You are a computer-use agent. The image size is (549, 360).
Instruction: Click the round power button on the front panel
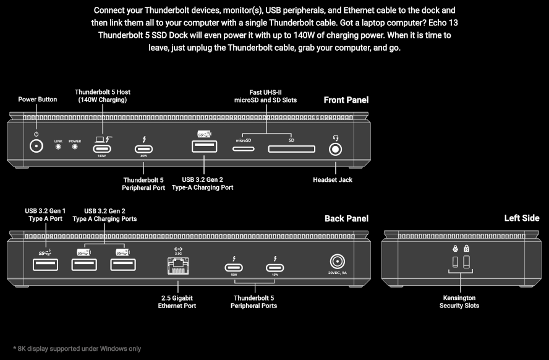pyautogui.click(x=36, y=148)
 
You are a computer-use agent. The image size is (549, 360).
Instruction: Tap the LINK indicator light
pyautogui.click(x=59, y=148)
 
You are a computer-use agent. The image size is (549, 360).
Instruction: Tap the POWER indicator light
pyautogui.click(x=75, y=148)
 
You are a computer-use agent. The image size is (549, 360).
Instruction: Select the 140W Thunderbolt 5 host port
pyautogui.click(x=102, y=148)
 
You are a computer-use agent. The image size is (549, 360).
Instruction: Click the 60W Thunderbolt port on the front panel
pyautogui.click(x=144, y=148)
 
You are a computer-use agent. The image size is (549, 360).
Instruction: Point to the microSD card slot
pyautogui.click(x=243, y=148)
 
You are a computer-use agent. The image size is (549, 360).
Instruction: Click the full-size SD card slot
pyautogui.click(x=291, y=149)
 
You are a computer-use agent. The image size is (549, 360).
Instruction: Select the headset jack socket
pyautogui.click(x=336, y=149)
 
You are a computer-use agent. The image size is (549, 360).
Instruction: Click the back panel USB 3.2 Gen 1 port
pyautogui.click(x=46, y=264)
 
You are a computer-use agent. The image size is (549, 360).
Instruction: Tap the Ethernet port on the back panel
pyautogui.click(x=178, y=266)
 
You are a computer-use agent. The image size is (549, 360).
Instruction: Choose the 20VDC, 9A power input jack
pyautogui.click(x=338, y=262)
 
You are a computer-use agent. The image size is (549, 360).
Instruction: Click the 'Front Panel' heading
pyautogui.click(x=346, y=100)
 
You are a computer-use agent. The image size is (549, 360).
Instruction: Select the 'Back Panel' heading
pyautogui.click(x=346, y=218)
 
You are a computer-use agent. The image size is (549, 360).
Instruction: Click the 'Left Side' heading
pyautogui.click(x=522, y=218)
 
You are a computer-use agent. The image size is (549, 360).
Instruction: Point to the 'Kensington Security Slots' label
pyautogui.click(x=459, y=302)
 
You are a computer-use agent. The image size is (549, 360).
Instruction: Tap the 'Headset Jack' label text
pyautogui.click(x=333, y=180)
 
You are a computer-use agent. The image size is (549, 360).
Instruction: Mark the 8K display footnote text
pyautogui.click(x=77, y=349)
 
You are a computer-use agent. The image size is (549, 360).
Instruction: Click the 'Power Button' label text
pyautogui.click(x=37, y=99)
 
